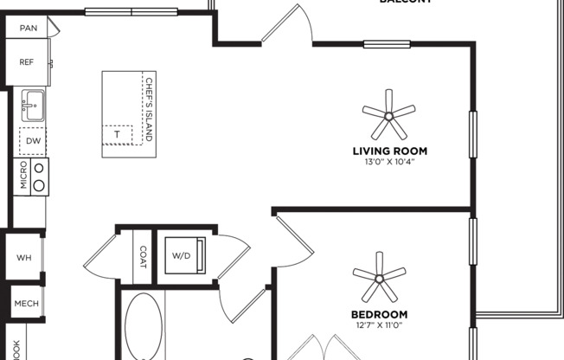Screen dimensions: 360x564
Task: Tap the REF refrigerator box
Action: click(x=27, y=61)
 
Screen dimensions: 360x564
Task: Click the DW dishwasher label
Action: click(x=33, y=140)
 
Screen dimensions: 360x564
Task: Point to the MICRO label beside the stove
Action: click(x=22, y=176)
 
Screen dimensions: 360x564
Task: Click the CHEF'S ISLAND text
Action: click(x=149, y=110)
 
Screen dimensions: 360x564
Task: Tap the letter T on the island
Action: click(x=117, y=135)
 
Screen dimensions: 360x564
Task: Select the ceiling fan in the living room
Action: click(x=388, y=116)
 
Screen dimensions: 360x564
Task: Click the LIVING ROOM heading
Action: click(x=389, y=151)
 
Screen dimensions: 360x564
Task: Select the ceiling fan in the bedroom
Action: click(x=379, y=278)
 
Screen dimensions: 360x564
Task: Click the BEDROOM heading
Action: click(x=379, y=313)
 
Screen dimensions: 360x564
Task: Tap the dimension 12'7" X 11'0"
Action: click(x=379, y=325)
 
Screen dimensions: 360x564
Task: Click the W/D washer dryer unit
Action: click(x=183, y=255)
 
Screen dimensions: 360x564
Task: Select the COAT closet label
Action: click(x=144, y=257)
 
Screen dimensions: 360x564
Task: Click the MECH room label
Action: click(x=24, y=304)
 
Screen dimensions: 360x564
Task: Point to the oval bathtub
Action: click(x=144, y=327)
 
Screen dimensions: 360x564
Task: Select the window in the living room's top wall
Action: click(x=387, y=44)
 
